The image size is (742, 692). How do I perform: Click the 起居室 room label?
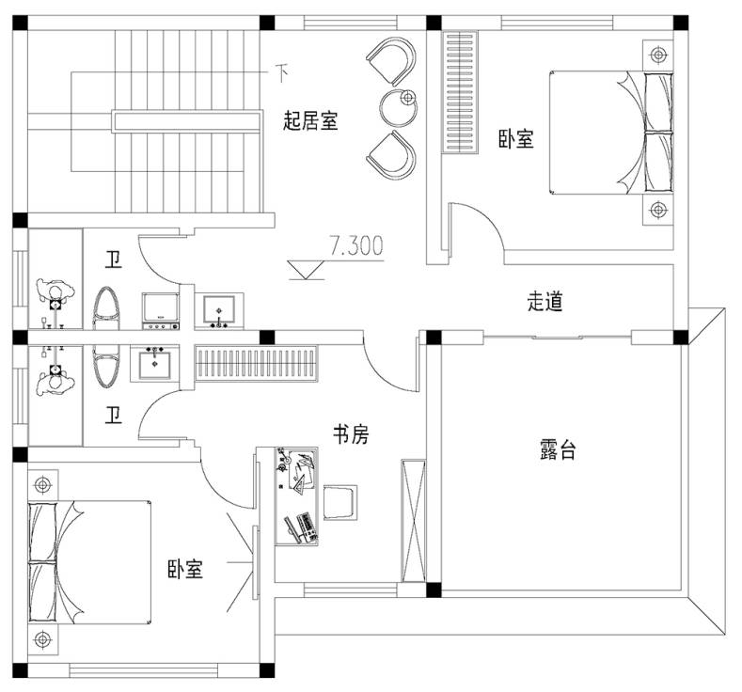coord(310,120)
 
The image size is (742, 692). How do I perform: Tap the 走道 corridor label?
coord(545,301)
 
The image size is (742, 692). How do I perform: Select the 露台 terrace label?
coord(558,448)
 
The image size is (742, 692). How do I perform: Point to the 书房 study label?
coord(351,433)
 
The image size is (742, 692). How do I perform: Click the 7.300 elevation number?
coord(356,246)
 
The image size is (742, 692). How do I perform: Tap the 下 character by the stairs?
coord(281,72)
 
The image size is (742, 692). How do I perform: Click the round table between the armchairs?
coord(399,107)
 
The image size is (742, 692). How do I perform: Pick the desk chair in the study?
coord(340,502)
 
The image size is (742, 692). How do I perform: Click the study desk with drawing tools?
coord(296,495)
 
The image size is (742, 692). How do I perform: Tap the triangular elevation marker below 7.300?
coord(307,270)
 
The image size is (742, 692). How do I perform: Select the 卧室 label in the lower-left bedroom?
coord(185,569)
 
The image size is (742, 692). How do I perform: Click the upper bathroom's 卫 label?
coord(113,259)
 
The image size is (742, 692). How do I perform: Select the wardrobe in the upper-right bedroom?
coord(460,92)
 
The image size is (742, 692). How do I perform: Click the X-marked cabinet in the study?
coord(413,520)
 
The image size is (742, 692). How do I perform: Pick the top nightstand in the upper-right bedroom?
coord(657,55)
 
